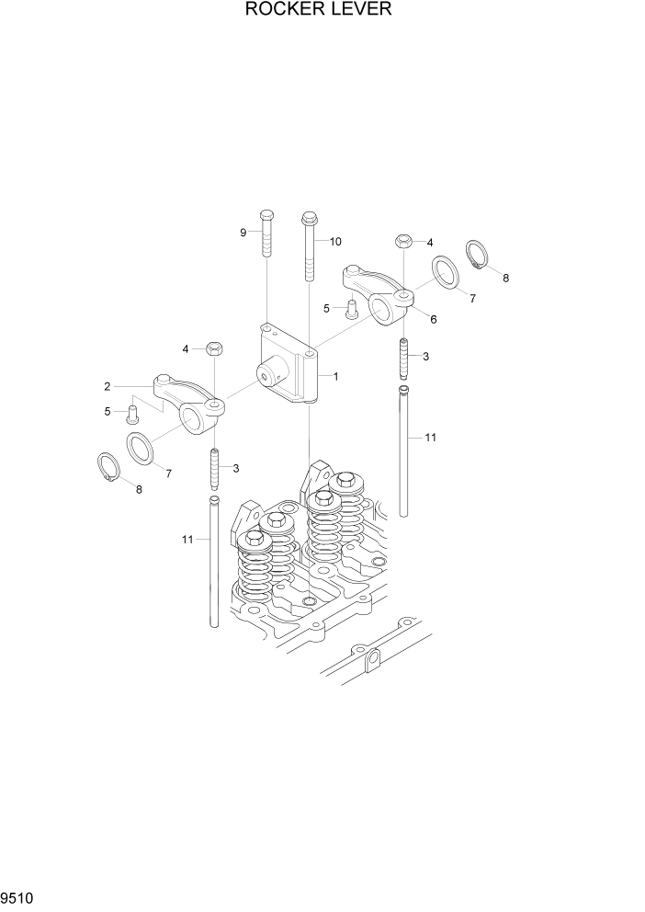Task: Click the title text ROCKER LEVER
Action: point(319,10)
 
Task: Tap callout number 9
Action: point(244,233)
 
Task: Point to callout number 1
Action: point(336,376)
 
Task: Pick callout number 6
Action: point(433,319)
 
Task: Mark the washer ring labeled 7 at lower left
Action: point(141,450)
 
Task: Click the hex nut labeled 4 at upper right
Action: point(402,242)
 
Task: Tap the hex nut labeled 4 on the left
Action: point(213,348)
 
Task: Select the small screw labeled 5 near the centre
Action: point(350,310)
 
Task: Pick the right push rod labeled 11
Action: point(403,450)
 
